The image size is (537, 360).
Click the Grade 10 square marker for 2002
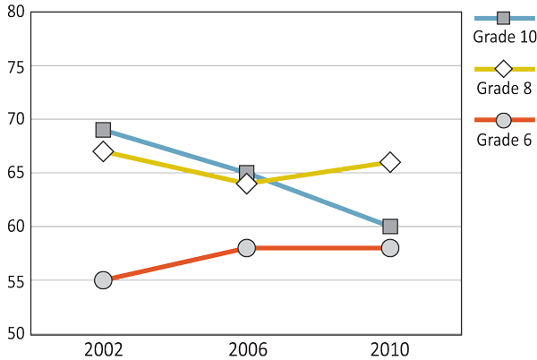click(x=103, y=130)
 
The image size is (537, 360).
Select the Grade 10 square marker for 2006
click(x=247, y=173)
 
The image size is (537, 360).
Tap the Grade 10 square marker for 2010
click(x=390, y=227)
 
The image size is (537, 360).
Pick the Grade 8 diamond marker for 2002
click(x=103, y=151)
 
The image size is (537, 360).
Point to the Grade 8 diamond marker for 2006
click(x=247, y=184)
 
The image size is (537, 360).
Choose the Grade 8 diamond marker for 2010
click(x=390, y=162)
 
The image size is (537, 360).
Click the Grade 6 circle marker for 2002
click(x=103, y=280)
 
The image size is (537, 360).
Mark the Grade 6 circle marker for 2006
click(x=247, y=248)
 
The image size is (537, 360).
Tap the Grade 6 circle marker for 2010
click(x=390, y=248)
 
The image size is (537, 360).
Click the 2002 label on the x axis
click(x=103, y=349)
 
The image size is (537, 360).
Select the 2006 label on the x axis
click(x=247, y=349)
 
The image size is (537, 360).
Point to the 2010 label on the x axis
click(x=390, y=349)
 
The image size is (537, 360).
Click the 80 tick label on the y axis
click(x=15, y=13)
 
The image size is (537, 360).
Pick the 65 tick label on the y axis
click(x=15, y=173)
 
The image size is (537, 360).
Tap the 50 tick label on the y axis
click(x=15, y=334)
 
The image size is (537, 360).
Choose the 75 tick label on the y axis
click(x=15, y=66)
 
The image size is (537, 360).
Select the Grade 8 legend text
click(x=504, y=88)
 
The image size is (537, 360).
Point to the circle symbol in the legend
click(x=503, y=120)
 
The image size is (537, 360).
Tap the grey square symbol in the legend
click(x=503, y=18)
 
